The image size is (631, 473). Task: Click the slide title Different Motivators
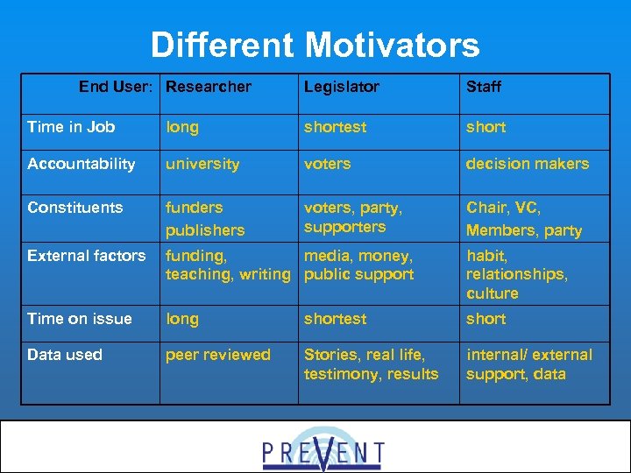(315, 45)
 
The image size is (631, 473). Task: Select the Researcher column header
(209, 87)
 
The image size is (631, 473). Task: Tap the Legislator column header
(342, 87)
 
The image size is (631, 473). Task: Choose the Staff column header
(484, 87)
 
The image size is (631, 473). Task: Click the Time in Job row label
(71, 127)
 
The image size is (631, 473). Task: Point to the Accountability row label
(82, 164)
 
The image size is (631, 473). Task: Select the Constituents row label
(75, 208)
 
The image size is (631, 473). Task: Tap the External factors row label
(87, 256)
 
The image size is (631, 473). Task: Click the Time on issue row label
(80, 319)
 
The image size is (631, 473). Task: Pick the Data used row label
(65, 355)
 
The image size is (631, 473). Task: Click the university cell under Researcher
(202, 164)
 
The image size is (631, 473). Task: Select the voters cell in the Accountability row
(327, 164)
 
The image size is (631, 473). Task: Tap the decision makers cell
(528, 164)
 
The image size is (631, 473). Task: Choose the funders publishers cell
(206, 219)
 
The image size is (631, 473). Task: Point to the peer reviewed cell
(218, 355)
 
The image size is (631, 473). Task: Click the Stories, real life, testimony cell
(371, 364)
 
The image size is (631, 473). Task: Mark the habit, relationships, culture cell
(517, 274)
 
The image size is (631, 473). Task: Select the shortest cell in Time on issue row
(336, 319)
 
